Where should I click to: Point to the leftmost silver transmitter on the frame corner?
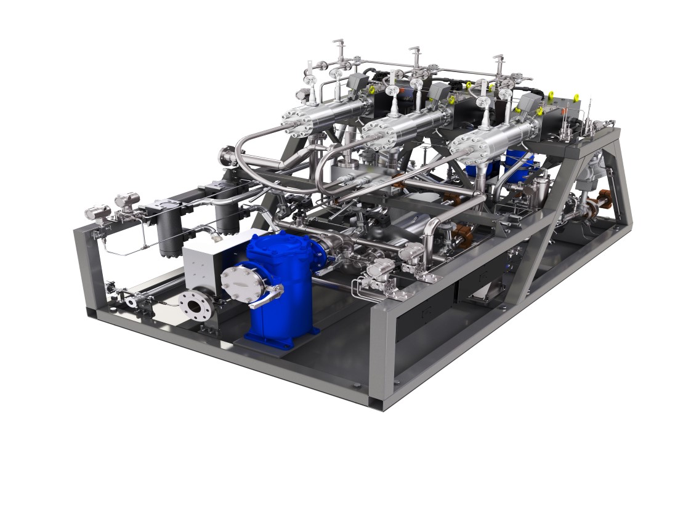click(x=97, y=212)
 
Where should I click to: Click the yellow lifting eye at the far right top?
click(x=576, y=97)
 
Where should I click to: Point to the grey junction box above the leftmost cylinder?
click(x=357, y=82)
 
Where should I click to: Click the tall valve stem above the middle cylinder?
click(x=414, y=58)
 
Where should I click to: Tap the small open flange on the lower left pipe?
click(x=131, y=302)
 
